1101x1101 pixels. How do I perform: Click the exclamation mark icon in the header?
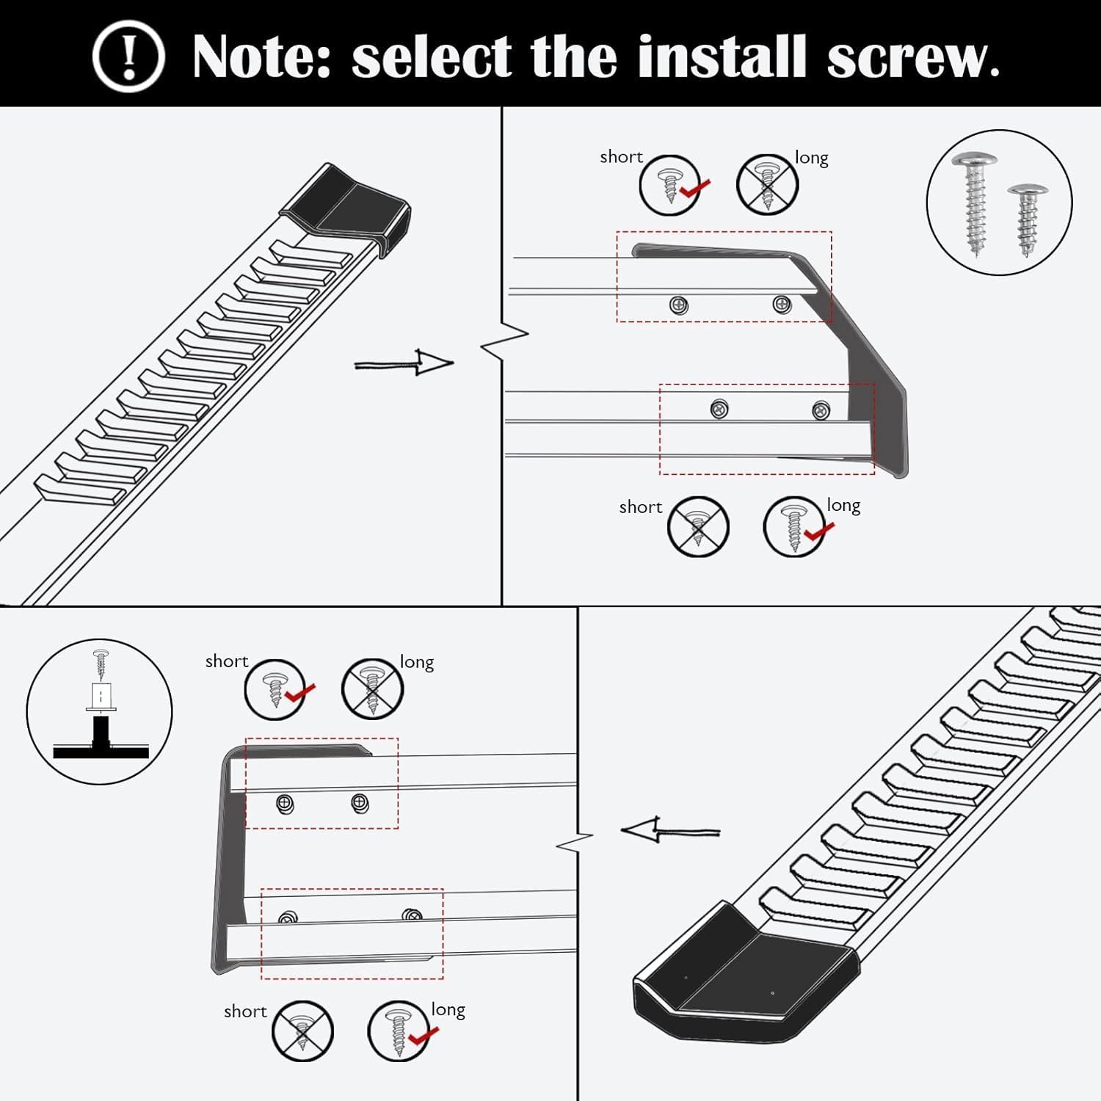pyautogui.click(x=128, y=56)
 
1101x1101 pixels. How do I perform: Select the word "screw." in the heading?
pyautogui.click(x=913, y=57)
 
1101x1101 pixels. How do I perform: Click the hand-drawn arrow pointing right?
pyautogui.click(x=404, y=363)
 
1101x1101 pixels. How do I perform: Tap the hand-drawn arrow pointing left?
pyautogui.click(x=669, y=831)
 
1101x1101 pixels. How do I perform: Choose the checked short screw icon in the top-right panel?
pyautogui.click(x=669, y=185)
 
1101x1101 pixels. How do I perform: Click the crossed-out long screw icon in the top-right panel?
pyautogui.click(x=767, y=185)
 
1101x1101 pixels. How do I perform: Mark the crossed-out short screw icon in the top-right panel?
pyautogui.click(x=698, y=526)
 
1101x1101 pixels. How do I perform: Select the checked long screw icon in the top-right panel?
pyautogui.click(x=794, y=526)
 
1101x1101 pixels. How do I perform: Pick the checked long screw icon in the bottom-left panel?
pyautogui.click(x=399, y=1031)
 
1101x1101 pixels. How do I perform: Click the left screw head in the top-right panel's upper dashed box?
pyautogui.click(x=680, y=305)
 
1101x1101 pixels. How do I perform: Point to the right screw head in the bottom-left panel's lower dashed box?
pyautogui.click(x=413, y=915)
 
